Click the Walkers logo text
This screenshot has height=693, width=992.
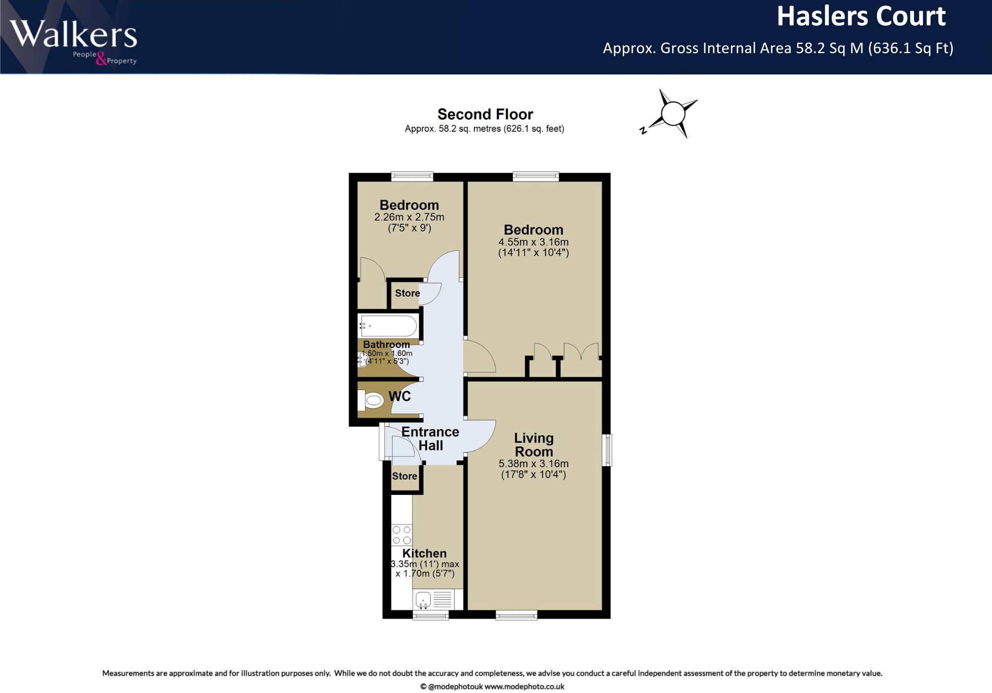pos(73,35)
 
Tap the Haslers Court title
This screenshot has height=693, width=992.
pos(860,17)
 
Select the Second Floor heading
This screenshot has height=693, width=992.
pos(485,114)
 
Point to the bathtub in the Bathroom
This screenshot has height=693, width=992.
pos(389,326)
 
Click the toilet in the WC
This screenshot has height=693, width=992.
pos(372,400)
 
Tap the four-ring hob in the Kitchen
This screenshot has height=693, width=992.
pos(401,535)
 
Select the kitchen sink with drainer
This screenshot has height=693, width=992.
pos(434,600)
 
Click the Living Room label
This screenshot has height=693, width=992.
pos(533,445)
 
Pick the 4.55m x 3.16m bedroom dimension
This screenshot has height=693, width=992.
pos(533,242)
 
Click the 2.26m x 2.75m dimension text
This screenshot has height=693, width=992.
pos(409,217)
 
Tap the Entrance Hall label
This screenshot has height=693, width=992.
pos(430,439)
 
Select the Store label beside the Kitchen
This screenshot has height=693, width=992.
pos(404,476)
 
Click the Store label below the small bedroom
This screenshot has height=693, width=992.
pos(407,293)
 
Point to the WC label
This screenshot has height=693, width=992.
pos(399,396)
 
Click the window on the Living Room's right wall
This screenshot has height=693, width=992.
pos(607,450)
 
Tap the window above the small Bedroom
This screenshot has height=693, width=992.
pos(412,176)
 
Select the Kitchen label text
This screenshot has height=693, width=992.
pos(424,554)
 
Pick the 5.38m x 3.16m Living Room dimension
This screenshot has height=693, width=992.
pos(533,464)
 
